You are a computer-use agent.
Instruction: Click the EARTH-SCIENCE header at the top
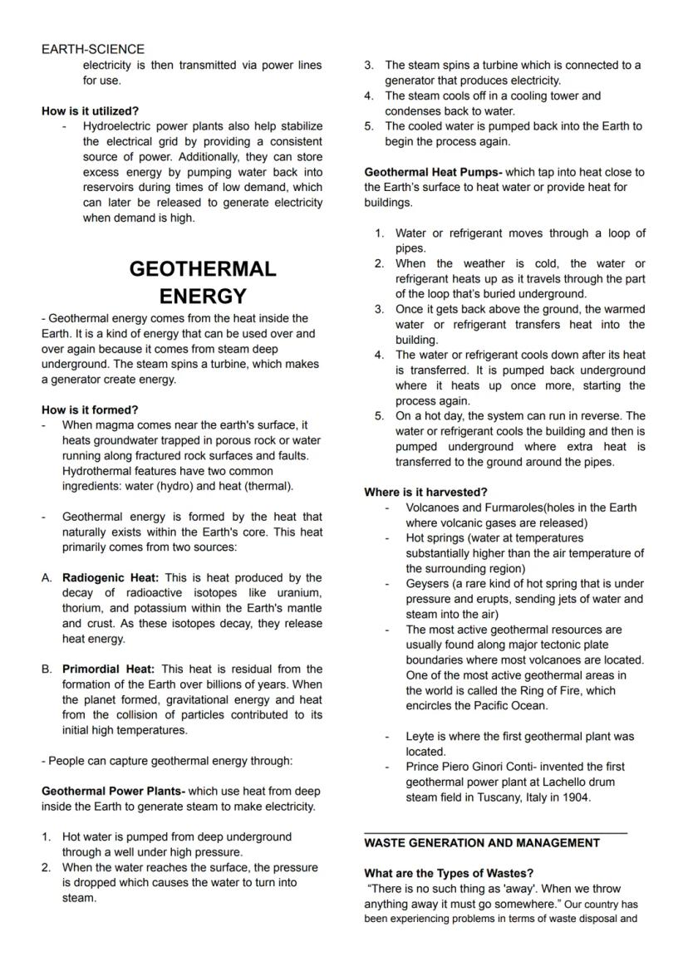[93, 49]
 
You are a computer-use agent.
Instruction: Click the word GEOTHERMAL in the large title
[203, 269]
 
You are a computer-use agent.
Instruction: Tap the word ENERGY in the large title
[203, 297]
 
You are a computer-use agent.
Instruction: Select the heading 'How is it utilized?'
[91, 110]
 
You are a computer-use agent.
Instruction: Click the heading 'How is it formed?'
[90, 409]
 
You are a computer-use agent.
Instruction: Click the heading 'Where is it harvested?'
[425, 492]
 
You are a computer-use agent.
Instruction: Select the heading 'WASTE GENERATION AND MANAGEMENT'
[482, 842]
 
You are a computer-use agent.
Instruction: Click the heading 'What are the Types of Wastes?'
[449, 873]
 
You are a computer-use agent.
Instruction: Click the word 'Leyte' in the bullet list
[420, 736]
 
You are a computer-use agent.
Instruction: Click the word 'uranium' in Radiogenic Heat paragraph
[298, 592]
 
